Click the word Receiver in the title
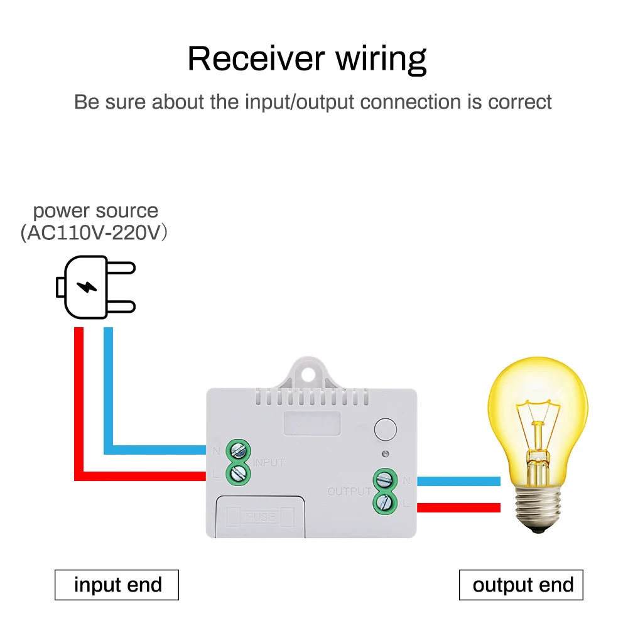tap(256, 58)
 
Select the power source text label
tap(95, 210)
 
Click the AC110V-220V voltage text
tap(94, 233)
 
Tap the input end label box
tap(117, 585)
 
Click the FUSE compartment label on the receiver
tap(260, 516)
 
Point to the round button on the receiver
tap(384, 430)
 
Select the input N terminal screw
tap(238, 450)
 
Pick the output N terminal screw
tap(384, 480)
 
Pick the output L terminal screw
tap(384, 503)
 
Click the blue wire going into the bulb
tap(458, 481)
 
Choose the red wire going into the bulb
tap(458, 507)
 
